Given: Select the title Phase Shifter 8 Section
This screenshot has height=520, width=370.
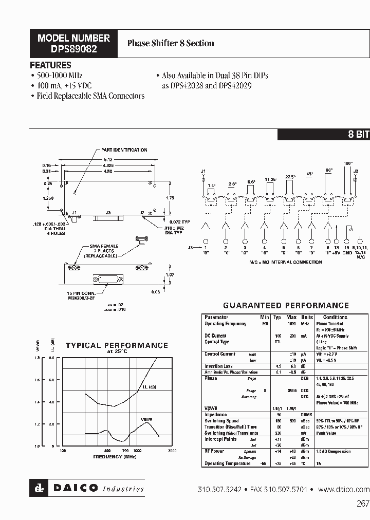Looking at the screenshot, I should coord(171,44).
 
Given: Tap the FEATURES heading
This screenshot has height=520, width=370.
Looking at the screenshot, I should coord(50,65).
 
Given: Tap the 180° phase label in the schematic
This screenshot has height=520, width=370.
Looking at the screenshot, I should coord(347,163).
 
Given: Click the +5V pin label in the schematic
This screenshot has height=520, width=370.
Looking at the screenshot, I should coord(336,253).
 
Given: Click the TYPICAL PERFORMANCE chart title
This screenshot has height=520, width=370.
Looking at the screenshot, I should coord(117,345).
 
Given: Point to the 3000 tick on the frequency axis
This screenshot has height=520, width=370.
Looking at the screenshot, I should coord(172,451).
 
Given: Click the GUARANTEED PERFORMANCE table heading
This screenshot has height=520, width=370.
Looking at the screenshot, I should coord(286,306).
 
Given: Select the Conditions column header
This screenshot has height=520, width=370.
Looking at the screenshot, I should coord(335,318).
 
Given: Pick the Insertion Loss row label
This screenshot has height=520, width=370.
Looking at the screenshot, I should coord(218,366).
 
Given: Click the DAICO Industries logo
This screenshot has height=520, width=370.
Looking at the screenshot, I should coord(87,488).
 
